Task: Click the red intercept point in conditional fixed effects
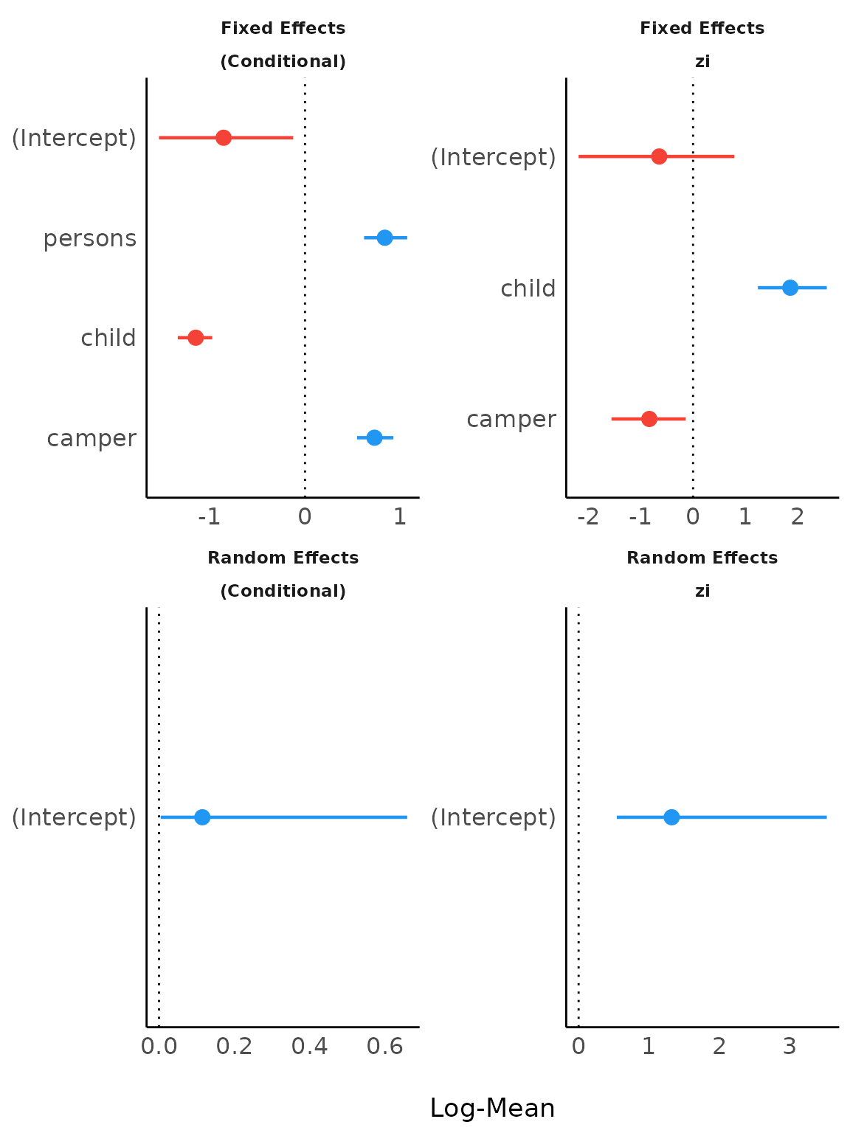[x=224, y=138]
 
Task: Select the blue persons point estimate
[x=384, y=238]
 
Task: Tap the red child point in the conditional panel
[x=196, y=338]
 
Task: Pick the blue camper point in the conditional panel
[x=374, y=437]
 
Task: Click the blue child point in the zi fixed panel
[x=789, y=288]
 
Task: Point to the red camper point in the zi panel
[x=649, y=419]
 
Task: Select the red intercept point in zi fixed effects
[x=659, y=156]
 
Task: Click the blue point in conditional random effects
[x=202, y=817]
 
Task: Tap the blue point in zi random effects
[x=671, y=817]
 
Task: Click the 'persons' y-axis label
[x=90, y=238]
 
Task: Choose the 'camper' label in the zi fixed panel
[x=511, y=419]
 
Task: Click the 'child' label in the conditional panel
[x=108, y=338]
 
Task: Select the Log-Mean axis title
[x=492, y=1108]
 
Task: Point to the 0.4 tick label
[x=309, y=1047]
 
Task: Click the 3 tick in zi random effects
[x=789, y=1047]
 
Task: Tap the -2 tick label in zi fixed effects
[x=587, y=517]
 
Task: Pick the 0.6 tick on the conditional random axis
[x=384, y=1047]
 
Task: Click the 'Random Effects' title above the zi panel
[x=702, y=558]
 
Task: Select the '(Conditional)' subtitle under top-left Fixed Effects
[x=283, y=61]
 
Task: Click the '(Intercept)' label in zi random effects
[x=493, y=817]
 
